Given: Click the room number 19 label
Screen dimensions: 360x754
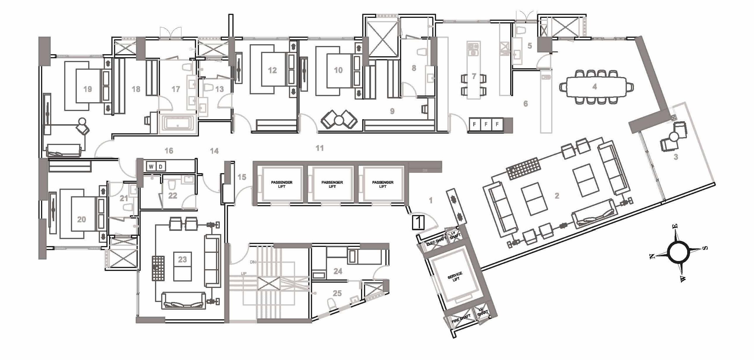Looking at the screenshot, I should coord(87,89).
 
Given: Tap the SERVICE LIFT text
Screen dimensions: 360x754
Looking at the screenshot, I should coord(455,277).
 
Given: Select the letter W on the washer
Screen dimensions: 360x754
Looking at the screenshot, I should coord(151,167).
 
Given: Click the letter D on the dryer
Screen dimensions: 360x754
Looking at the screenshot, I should coord(161,167).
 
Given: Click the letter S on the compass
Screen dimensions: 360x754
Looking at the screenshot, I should coord(705,248).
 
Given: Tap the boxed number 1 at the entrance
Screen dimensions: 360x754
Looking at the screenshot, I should coord(418,222).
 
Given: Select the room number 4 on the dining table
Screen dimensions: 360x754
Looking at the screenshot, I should coord(595,87).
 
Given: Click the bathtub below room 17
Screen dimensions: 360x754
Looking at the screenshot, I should coord(177,124).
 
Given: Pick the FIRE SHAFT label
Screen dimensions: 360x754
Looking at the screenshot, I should coord(461,319).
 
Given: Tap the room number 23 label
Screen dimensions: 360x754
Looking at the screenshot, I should coord(182,260).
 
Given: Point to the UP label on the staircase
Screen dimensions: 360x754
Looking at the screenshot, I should coord(244,274).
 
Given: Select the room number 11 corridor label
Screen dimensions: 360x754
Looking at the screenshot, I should coord(319,148).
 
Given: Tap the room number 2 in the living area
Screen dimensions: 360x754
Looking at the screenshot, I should coord(557,196).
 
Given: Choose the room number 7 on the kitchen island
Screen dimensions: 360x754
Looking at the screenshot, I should coord(474,76).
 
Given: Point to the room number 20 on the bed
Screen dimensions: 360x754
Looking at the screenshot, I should coord(81,219).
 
